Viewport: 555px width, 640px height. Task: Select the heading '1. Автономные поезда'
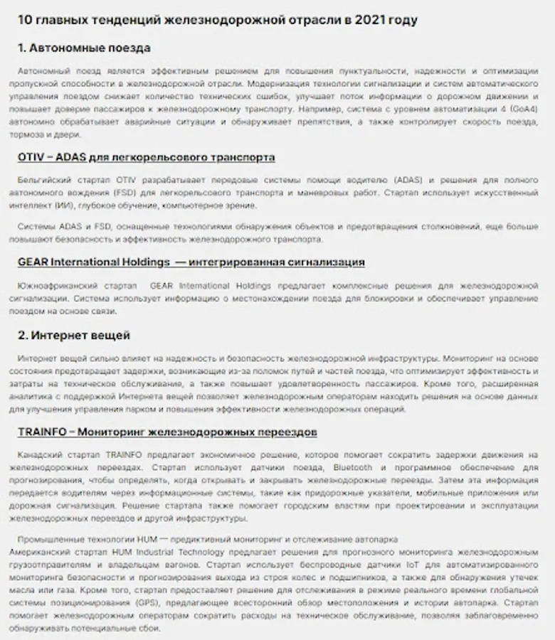(84, 48)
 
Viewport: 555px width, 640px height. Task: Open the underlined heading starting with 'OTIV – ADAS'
(146, 157)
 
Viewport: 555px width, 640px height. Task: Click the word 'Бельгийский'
(42, 181)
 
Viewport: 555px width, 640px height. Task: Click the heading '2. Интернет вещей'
(74, 335)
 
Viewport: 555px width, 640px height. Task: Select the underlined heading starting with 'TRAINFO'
(167, 432)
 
